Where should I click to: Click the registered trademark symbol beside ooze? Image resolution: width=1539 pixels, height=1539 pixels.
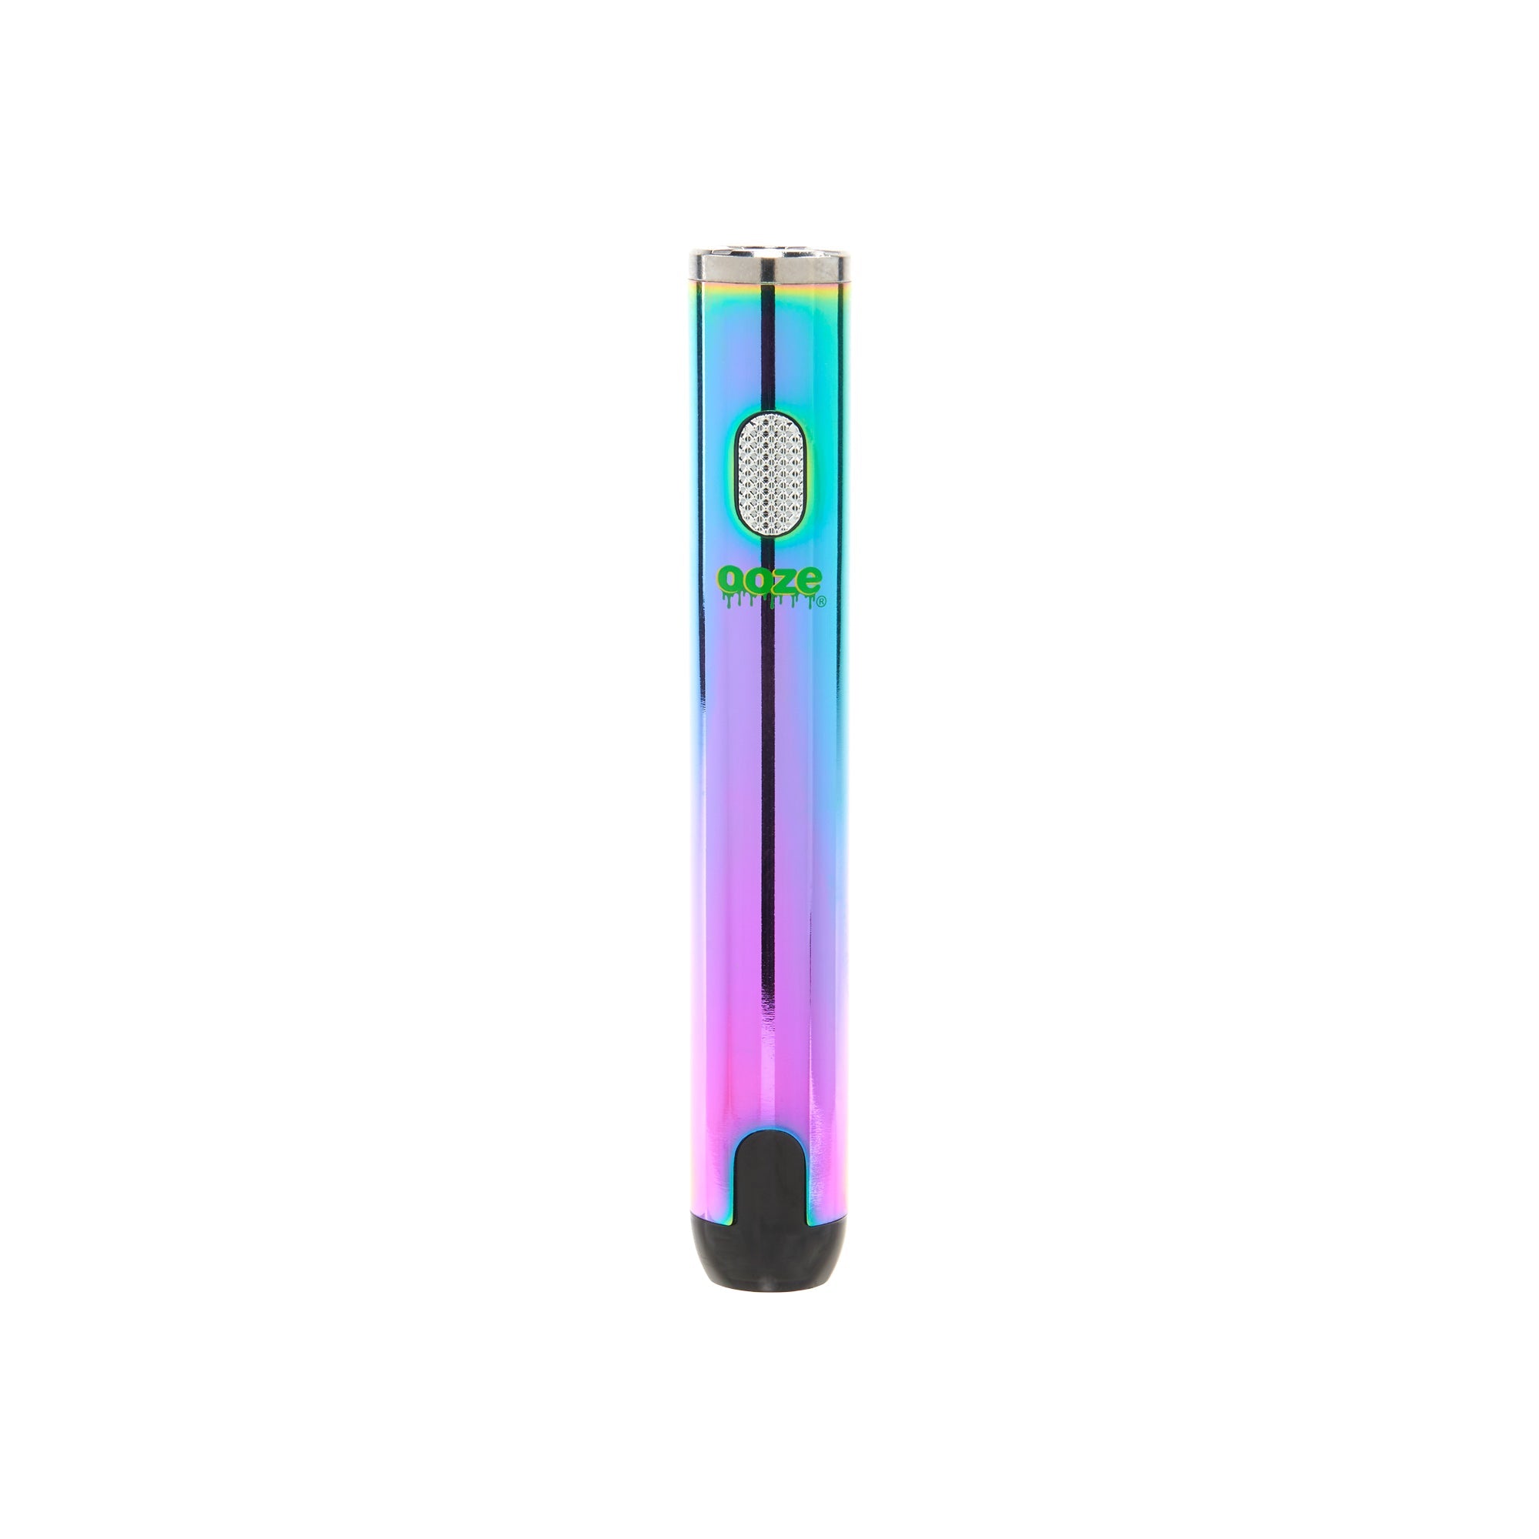click(x=821, y=603)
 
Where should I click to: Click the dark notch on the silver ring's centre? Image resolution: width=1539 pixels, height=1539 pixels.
click(x=768, y=269)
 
